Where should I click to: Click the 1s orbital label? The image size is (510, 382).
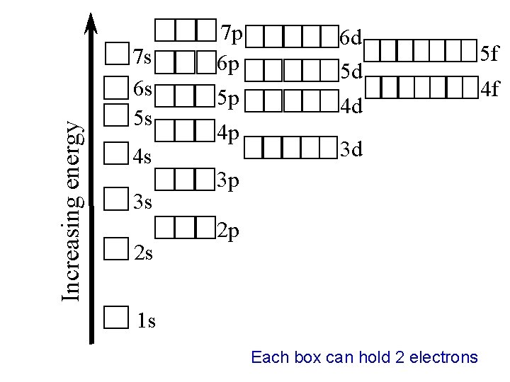[x=146, y=322]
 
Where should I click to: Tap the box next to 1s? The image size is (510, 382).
[x=115, y=318]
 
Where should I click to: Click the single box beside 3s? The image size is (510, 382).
[x=115, y=199]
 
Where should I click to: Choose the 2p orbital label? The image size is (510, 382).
[x=229, y=232]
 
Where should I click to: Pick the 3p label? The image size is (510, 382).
[x=229, y=183]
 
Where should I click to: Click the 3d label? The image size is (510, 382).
[x=352, y=150]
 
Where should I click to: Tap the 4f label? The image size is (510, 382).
[x=490, y=90]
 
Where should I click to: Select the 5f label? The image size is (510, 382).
[x=490, y=52]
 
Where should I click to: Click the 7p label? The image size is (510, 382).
[x=231, y=33]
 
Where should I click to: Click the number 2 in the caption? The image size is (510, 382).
[x=400, y=357]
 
